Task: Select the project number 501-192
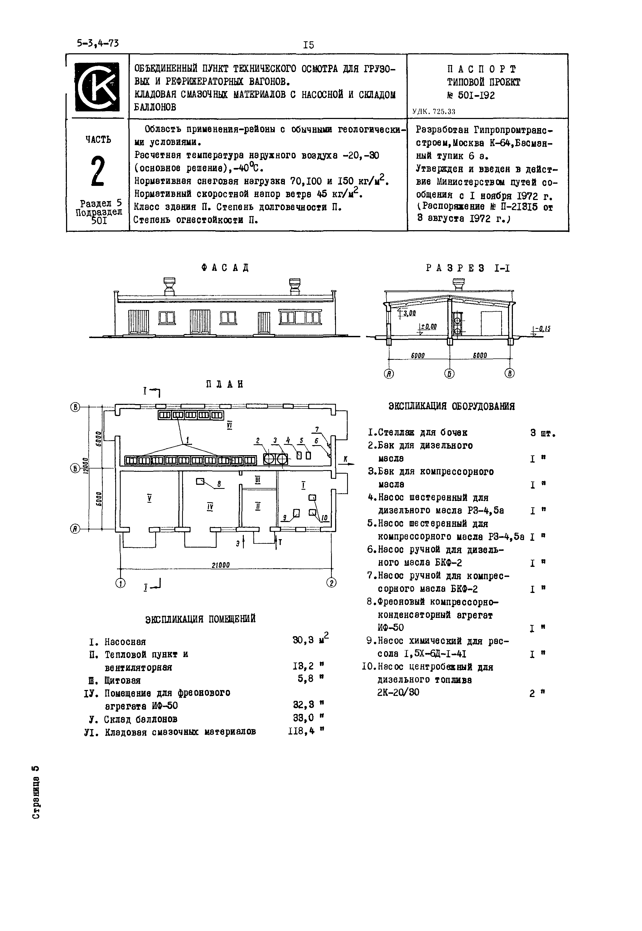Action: [477, 95]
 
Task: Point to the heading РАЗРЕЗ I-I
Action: [468, 268]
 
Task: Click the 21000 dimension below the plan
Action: [220, 565]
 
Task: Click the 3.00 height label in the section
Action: [410, 313]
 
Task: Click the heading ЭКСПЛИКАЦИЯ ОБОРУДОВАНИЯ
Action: [451, 406]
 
